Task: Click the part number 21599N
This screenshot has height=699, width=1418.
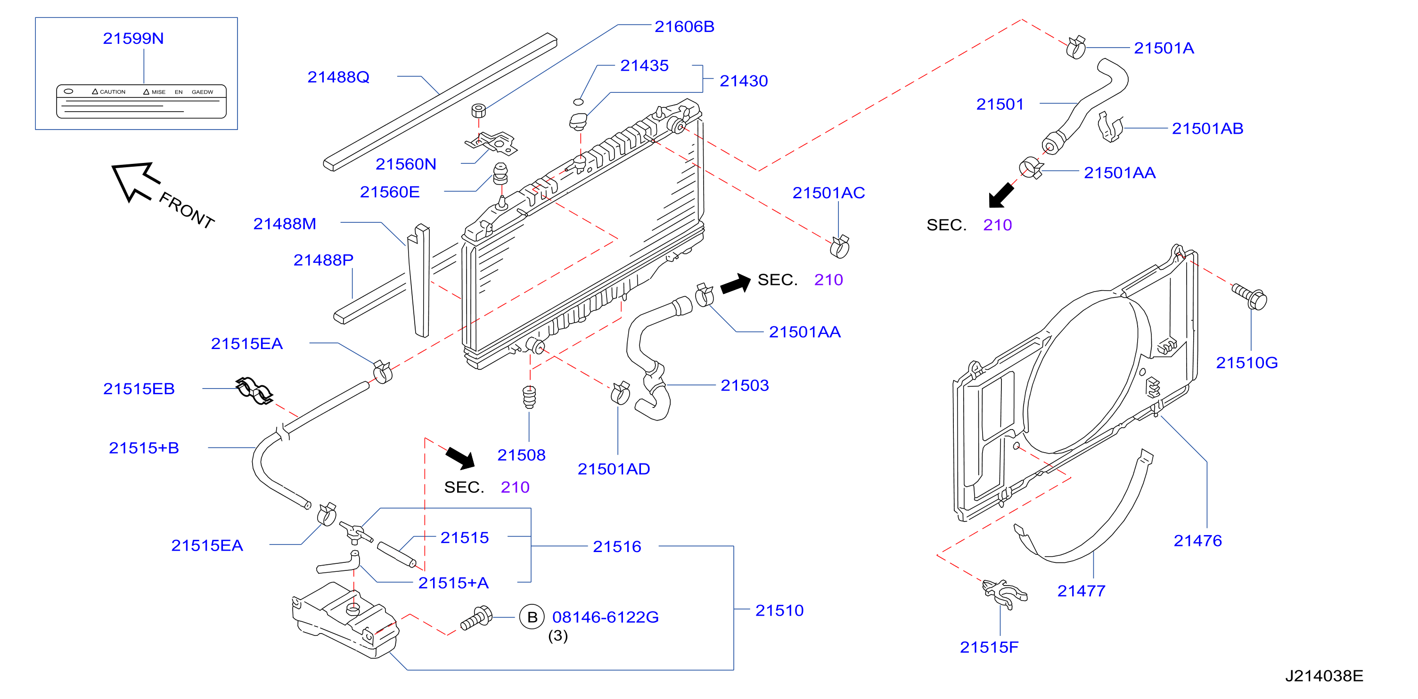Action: (x=133, y=39)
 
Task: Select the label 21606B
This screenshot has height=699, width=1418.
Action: (x=684, y=26)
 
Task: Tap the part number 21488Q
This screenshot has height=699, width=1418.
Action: (x=338, y=77)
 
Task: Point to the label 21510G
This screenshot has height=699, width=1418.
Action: (x=1247, y=363)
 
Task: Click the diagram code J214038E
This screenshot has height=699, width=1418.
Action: (x=1324, y=676)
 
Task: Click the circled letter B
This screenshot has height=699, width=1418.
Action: (x=532, y=617)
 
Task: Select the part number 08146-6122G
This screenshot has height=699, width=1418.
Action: (x=606, y=617)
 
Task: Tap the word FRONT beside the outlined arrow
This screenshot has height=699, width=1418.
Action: (x=186, y=210)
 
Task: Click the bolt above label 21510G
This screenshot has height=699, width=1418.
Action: (x=1250, y=296)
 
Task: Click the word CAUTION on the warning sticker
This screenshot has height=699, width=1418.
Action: (x=112, y=92)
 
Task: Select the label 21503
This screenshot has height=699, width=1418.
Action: (x=745, y=385)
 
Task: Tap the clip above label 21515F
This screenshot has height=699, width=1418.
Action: (x=1005, y=593)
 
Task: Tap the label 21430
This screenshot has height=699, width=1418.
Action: (x=744, y=81)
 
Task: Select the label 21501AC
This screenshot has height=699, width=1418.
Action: (x=828, y=193)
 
